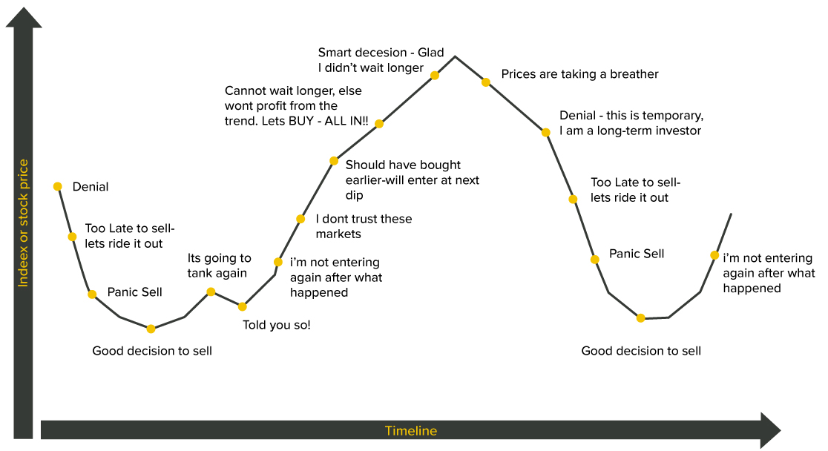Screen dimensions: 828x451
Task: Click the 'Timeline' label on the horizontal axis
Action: [x=411, y=431]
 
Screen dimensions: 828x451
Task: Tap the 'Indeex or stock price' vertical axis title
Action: [x=23, y=223]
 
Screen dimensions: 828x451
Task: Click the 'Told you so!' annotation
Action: [x=277, y=325]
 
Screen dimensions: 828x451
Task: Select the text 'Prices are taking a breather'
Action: [x=579, y=74]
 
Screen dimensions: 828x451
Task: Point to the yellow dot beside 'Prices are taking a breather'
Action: [x=486, y=82]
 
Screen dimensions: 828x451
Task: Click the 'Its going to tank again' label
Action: [x=219, y=266]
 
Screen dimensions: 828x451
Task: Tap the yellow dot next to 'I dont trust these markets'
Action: [x=300, y=219]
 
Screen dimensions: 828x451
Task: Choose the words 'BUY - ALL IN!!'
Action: [x=329, y=121]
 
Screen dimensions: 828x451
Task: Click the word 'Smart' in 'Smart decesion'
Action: [x=336, y=53]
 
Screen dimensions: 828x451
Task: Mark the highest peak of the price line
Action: [x=456, y=56]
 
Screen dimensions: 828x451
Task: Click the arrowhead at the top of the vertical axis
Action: [x=24, y=17]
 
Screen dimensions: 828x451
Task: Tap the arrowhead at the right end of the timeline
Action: [x=770, y=430]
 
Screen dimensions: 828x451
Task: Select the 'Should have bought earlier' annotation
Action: [x=413, y=180]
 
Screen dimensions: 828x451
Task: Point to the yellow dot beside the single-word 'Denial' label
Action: [x=58, y=186]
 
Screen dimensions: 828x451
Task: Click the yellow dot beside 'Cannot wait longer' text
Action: [x=379, y=124]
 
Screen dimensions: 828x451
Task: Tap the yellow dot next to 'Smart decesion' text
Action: [x=435, y=76]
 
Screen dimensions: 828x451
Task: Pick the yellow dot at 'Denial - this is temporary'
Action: [x=546, y=132]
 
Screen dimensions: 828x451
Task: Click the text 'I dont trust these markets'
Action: [x=364, y=226]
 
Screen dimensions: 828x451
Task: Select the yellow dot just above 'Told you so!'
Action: [x=243, y=306]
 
